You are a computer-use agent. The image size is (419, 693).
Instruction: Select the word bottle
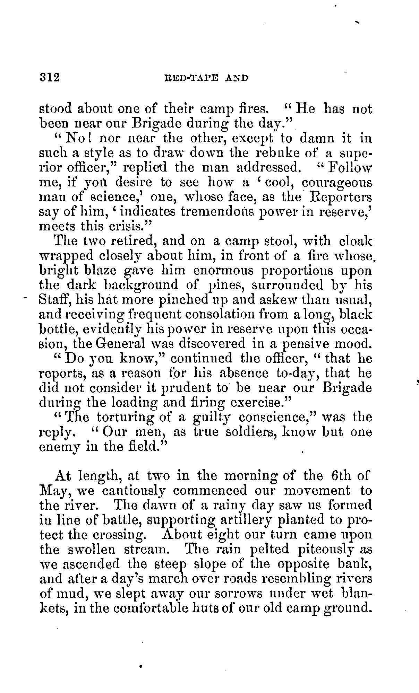click(x=55, y=329)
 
